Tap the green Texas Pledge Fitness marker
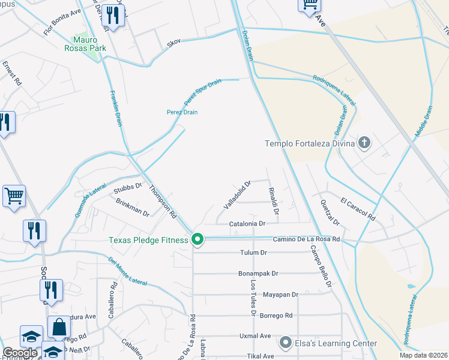point(197,240)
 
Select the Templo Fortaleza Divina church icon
point(363,143)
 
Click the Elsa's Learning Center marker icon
point(286,343)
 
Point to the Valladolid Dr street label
point(237,194)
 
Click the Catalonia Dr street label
point(247,223)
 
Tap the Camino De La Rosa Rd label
point(307,239)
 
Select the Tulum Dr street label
point(253,253)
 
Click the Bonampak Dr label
point(258,273)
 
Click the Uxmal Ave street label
point(255,335)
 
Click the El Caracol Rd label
point(357,208)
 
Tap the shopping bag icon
point(59,328)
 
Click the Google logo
point(20,352)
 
